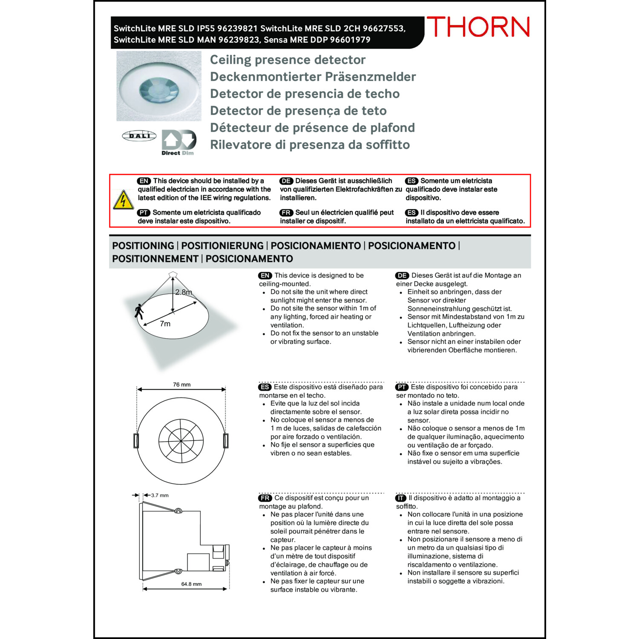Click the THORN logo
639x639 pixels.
(478, 27)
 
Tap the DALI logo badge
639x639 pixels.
(139, 136)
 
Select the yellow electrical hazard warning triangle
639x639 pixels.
(123, 200)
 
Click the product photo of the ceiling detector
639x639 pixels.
(159, 86)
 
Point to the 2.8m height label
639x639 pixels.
(184, 292)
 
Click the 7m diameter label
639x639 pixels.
(165, 324)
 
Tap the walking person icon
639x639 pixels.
(139, 311)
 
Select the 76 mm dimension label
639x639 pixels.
(182, 385)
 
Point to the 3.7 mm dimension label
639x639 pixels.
(160, 495)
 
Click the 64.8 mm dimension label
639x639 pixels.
(191, 584)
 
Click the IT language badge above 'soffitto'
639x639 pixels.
(401, 498)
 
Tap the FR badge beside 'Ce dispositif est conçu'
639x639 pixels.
(265, 498)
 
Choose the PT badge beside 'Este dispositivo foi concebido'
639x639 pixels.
(402, 387)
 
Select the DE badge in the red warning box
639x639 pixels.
(286, 181)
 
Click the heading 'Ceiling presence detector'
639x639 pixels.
(288, 60)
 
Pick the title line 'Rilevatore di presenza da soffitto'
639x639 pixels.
(310, 145)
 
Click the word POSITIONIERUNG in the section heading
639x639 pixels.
(222, 246)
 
